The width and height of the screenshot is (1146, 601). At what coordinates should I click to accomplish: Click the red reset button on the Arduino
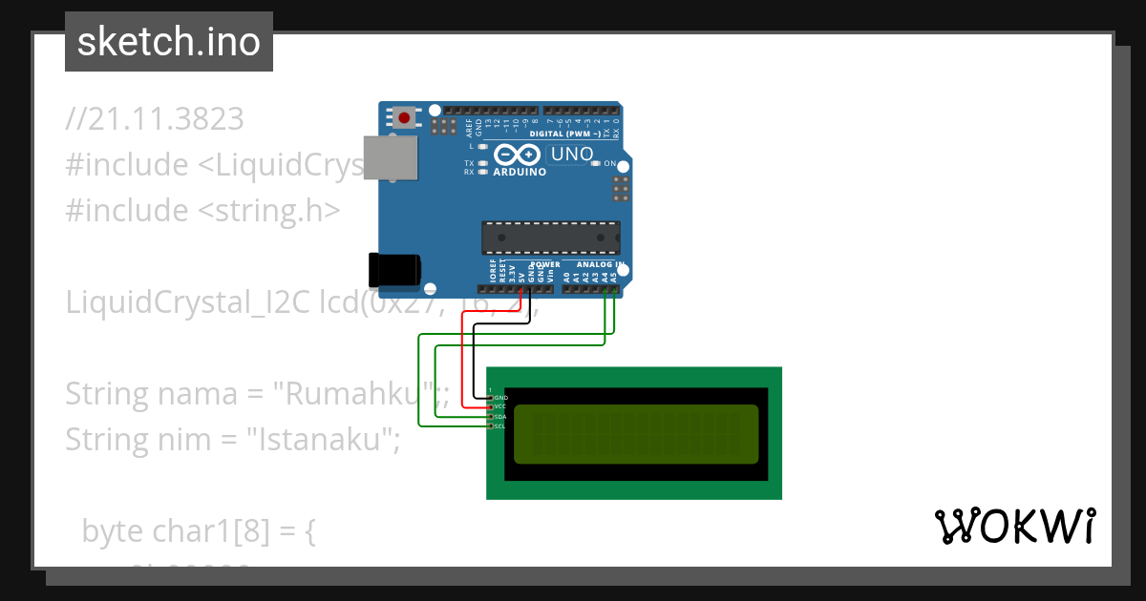tap(405, 118)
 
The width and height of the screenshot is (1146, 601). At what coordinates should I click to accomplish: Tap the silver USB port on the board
tap(392, 156)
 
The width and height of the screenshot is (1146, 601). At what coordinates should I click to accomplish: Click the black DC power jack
tap(393, 270)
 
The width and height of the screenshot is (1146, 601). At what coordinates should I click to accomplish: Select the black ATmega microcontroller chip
tap(550, 238)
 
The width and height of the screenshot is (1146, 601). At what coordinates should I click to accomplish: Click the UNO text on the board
tap(573, 155)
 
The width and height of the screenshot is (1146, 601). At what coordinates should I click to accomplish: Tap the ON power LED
tap(596, 163)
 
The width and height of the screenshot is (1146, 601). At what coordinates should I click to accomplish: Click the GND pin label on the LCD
tap(500, 397)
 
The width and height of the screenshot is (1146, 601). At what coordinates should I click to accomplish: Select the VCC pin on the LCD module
tap(499, 406)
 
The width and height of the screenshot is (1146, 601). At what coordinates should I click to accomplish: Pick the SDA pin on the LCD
tap(499, 416)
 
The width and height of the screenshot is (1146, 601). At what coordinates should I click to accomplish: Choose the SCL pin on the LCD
tap(499, 425)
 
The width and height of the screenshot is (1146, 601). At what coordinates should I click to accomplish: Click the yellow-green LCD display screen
tap(636, 434)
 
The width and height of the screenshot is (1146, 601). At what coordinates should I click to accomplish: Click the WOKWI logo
tap(1013, 527)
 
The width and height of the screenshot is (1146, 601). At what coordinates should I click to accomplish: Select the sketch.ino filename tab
tap(169, 42)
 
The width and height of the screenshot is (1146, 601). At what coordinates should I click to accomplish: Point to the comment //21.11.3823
tap(155, 119)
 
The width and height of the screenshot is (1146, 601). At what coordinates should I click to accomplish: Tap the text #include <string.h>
tap(202, 210)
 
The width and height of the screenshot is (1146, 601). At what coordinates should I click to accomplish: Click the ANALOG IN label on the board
tap(600, 264)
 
